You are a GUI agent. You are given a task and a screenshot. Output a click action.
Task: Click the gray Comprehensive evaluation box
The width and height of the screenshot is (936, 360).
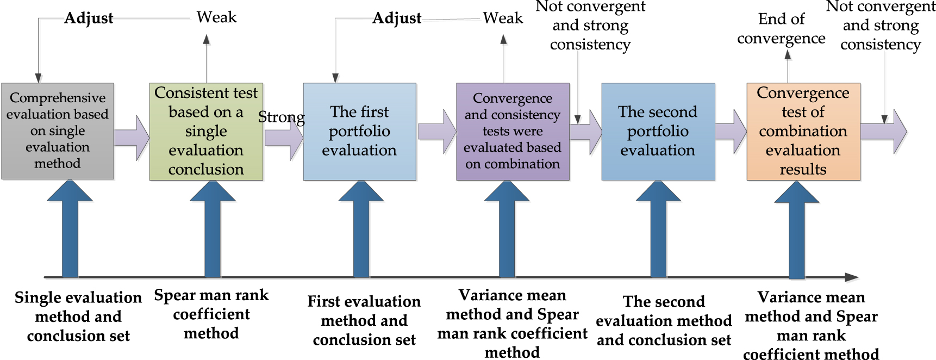pyautogui.click(x=58, y=131)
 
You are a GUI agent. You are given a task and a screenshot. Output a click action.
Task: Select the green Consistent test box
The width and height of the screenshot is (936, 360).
pyautogui.click(x=206, y=131)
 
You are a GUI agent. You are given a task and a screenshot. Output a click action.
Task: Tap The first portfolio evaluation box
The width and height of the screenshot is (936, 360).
pyautogui.click(x=359, y=131)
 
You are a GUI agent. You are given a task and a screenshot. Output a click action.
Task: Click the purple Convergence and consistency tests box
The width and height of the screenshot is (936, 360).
pyautogui.click(x=513, y=131)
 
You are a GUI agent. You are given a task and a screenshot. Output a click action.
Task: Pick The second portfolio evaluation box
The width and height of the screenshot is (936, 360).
pyautogui.click(x=658, y=131)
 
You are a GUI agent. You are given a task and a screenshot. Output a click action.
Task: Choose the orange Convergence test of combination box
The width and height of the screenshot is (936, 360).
pyautogui.click(x=803, y=131)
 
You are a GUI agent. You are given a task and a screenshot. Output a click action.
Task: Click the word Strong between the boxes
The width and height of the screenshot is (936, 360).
pyautogui.click(x=281, y=117)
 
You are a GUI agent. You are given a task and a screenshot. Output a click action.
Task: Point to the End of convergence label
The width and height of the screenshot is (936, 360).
pyautogui.click(x=781, y=29)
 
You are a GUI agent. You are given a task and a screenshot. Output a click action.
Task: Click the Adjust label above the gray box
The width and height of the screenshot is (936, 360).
pyautogui.click(x=89, y=18)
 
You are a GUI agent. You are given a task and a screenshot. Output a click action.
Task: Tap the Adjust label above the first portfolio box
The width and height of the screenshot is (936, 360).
pyautogui.click(x=397, y=18)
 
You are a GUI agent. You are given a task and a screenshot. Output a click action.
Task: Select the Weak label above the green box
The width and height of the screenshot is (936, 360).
pyautogui.click(x=216, y=17)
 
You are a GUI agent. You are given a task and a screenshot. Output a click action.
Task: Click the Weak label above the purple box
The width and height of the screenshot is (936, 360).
pyautogui.click(x=503, y=18)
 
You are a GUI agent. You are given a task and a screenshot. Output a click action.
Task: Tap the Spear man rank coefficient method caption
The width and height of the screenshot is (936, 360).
pyautogui.click(x=211, y=314)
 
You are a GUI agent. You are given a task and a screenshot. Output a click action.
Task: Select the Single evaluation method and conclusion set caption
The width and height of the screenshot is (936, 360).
pyautogui.click(x=78, y=316)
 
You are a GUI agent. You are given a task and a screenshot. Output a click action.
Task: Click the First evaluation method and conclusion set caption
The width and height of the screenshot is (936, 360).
pyautogui.click(x=364, y=320)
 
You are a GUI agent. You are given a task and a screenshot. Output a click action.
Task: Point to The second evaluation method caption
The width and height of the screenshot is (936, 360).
pyautogui.click(x=664, y=320)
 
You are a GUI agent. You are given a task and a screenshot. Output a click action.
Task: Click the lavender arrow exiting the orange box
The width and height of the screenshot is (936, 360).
pyautogui.click(x=884, y=131)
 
